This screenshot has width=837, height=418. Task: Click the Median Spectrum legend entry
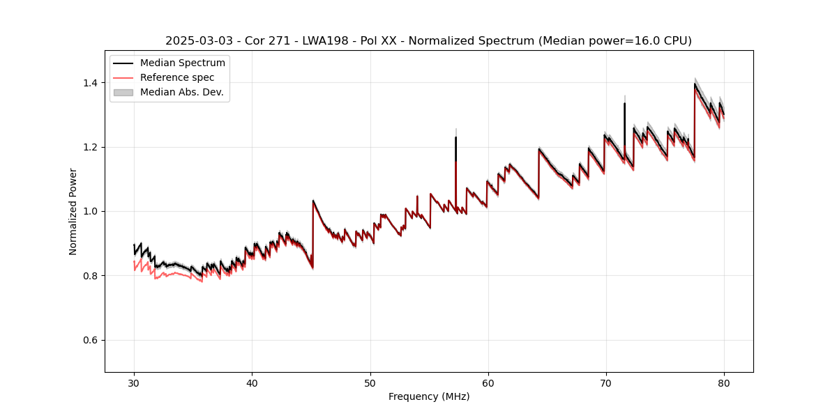(x=182, y=63)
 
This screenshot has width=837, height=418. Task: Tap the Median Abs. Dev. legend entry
(x=181, y=92)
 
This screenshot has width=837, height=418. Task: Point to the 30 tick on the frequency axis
(x=134, y=382)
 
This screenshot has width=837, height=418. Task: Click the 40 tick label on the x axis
(x=252, y=382)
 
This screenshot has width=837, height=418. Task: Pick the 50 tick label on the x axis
(x=370, y=382)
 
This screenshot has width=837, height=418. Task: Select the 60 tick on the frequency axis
(x=488, y=382)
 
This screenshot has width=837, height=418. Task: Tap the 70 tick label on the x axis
(x=605, y=382)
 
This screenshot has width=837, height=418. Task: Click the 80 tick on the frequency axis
(x=723, y=382)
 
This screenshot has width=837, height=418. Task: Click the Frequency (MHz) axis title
(x=429, y=396)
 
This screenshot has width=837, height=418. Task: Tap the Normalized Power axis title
(x=73, y=211)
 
